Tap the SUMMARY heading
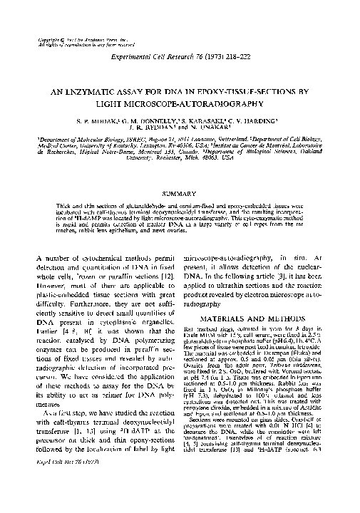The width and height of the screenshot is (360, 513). pyautogui.click(x=180, y=193)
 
